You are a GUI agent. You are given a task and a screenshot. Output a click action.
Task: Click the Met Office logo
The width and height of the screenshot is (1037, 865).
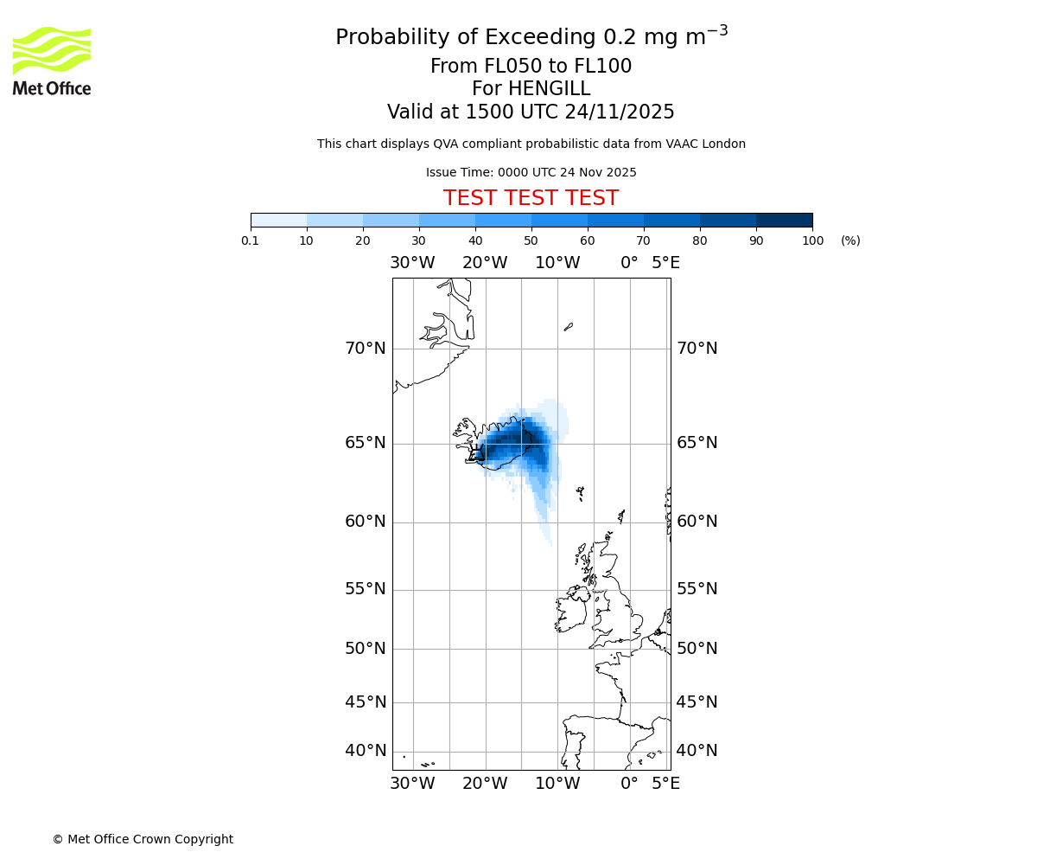[x=52, y=61]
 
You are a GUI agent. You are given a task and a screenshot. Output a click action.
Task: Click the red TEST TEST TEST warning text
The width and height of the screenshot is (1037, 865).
[x=531, y=199]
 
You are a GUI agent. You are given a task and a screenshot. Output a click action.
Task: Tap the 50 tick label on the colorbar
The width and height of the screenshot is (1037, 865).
[x=531, y=241]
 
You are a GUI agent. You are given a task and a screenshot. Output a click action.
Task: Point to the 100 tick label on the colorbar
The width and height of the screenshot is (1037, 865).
[x=812, y=241]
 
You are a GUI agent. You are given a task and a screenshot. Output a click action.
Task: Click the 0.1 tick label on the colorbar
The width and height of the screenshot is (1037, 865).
[x=251, y=241]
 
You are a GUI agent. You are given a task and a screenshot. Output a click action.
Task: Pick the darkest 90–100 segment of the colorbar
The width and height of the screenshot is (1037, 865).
[x=784, y=220]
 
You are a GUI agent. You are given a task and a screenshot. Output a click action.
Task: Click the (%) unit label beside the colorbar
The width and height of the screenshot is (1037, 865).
[x=850, y=241]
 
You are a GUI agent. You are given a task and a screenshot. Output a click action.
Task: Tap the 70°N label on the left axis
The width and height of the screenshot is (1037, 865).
[x=366, y=349]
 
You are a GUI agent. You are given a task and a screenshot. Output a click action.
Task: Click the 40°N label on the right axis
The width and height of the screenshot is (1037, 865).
[x=697, y=751]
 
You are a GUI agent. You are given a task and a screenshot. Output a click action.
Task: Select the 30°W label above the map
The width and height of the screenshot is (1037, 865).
[x=412, y=262]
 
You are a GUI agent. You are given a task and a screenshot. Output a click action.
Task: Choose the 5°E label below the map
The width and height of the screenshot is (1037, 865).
[x=665, y=784]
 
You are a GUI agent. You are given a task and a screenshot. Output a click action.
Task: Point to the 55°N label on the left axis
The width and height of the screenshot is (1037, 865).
[x=366, y=589]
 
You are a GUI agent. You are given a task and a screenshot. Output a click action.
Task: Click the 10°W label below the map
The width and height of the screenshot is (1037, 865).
[x=557, y=784]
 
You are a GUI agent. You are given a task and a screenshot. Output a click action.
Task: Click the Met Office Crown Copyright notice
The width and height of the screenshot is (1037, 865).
[x=143, y=840]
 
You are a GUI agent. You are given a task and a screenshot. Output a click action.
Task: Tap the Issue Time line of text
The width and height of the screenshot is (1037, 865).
[x=531, y=173]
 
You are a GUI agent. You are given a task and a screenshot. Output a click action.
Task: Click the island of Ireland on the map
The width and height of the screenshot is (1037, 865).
[x=571, y=612]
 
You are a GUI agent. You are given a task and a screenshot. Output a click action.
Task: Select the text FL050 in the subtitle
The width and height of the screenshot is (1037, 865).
[x=504, y=67]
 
